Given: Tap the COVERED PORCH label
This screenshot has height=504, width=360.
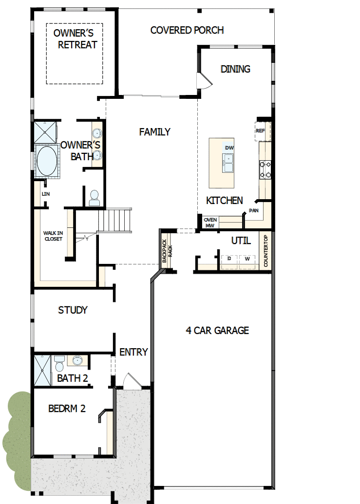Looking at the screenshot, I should [x=187, y=30].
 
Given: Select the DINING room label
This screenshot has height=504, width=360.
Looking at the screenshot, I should [x=235, y=69].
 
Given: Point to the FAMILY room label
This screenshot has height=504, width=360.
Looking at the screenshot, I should [x=154, y=131].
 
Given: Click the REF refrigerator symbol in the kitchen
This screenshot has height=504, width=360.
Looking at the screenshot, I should [x=260, y=131].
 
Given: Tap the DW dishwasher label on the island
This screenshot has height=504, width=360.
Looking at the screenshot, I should [x=229, y=148].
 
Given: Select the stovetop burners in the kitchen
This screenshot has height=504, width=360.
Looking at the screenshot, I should [x=265, y=169].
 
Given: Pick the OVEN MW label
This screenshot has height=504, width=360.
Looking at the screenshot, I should [x=210, y=223].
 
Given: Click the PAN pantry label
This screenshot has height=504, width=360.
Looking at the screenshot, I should [x=253, y=211].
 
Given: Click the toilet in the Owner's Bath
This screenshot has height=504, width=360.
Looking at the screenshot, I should [x=94, y=197].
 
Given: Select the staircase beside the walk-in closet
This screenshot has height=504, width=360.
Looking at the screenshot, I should [x=115, y=221].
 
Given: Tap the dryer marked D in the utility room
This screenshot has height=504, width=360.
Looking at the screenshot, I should [x=229, y=259].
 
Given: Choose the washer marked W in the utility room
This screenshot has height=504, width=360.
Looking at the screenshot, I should [x=247, y=259].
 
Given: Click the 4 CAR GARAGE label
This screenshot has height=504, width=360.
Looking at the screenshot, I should [x=217, y=330].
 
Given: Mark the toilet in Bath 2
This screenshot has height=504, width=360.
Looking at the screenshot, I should [x=59, y=363].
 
